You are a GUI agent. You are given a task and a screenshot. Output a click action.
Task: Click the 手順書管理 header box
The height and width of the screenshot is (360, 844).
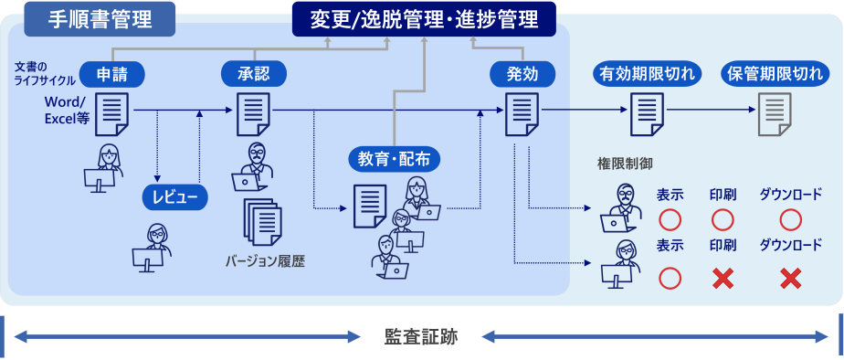pyautogui.click(x=100, y=17)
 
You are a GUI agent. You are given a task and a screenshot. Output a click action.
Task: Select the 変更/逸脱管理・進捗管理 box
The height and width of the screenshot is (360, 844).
pyautogui.click(x=424, y=17)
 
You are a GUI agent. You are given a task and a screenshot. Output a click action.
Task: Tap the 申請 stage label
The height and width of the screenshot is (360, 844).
pyautogui.click(x=112, y=74)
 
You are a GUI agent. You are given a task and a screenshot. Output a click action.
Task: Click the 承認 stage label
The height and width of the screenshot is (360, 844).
pyautogui.click(x=254, y=74)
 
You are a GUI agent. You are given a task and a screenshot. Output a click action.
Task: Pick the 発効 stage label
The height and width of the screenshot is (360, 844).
pyautogui.click(x=522, y=74)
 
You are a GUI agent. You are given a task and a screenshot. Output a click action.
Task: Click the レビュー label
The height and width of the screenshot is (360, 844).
pyautogui.click(x=175, y=196)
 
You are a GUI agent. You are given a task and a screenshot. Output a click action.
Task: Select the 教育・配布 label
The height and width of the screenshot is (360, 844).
pyautogui.click(x=395, y=159)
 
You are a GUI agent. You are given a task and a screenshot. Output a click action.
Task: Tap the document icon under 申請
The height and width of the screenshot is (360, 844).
pyautogui.click(x=111, y=113)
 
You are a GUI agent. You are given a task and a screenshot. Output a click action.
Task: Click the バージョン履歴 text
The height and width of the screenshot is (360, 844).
pyautogui.click(x=265, y=260)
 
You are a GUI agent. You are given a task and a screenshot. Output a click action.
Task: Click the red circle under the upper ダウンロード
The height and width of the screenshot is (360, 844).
pyautogui.click(x=790, y=219)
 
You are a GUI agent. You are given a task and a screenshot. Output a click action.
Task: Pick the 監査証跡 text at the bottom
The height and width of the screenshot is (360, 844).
pyautogui.click(x=421, y=337)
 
